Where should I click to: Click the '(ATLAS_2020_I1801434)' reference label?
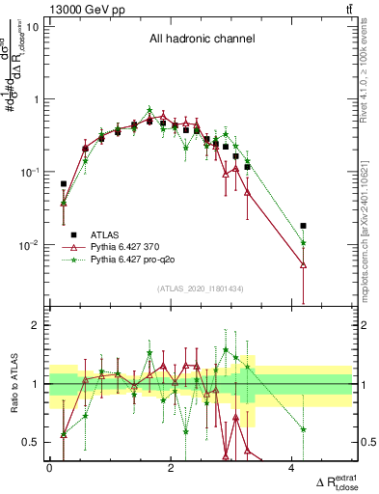tap(201, 289)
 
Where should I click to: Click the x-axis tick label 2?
tap(171, 468)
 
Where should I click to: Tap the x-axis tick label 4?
tap(292, 468)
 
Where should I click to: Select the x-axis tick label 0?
tap(49, 468)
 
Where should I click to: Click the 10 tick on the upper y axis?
tap(33, 26)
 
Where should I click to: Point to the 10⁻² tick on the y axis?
tap(30, 245)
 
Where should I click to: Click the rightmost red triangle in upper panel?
tap(303, 264)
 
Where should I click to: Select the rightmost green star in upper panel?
tap(303, 243)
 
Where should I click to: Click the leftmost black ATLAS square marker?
tap(64, 183)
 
